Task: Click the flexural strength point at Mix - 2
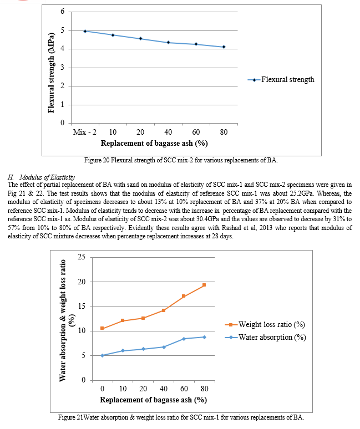[x=85, y=31]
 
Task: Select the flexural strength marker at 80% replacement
[x=224, y=47]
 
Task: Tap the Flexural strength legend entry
[x=281, y=80]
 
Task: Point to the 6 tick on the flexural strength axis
[x=63, y=11]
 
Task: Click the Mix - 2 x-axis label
[x=85, y=132]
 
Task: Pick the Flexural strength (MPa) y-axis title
[x=51, y=73]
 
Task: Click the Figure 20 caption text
[x=181, y=160]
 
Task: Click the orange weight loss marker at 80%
[x=204, y=285]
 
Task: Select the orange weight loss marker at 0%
[x=102, y=328]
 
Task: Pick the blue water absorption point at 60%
[x=184, y=339]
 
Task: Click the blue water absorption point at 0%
[x=102, y=355]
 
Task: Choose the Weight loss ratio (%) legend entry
[x=265, y=324]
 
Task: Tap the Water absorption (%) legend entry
[x=265, y=338]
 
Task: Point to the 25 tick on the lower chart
[x=82, y=257]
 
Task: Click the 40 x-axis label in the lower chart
[x=164, y=389]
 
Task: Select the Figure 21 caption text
[x=181, y=417]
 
